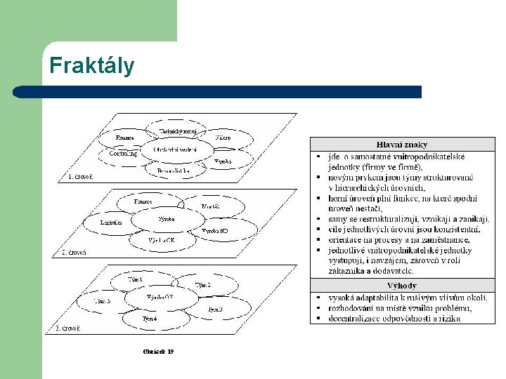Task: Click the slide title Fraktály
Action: (91, 66)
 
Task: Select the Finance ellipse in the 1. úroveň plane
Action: (126, 138)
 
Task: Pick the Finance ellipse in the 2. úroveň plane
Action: (143, 201)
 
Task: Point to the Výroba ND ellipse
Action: (214, 230)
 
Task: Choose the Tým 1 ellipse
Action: (135, 279)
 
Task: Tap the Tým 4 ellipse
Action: (149, 319)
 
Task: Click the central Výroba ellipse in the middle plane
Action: (167, 219)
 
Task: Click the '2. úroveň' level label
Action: (74, 252)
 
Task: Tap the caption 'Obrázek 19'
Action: (157, 351)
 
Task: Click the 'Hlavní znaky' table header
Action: (402, 145)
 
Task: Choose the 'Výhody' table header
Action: (402, 286)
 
